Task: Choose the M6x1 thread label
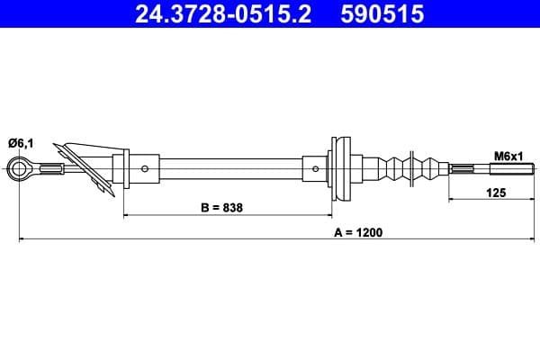coord(508,156)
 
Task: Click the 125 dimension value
coord(495,191)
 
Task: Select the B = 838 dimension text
coord(220,207)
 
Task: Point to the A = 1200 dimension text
coord(358,231)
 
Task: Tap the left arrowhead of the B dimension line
coord(125,216)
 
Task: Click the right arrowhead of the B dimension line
coord(329,216)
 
